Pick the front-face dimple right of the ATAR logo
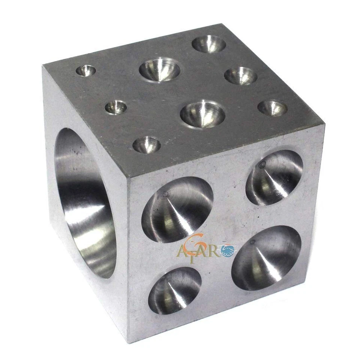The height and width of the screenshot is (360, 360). (267, 258)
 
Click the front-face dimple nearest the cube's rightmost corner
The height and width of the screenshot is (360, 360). (274, 177)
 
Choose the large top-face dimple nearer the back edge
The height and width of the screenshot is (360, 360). (159, 69)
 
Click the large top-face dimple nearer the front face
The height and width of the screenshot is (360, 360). (202, 114)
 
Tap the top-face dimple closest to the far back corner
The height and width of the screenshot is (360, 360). (209, 44)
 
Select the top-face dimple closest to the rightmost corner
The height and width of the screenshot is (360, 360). (273, 108)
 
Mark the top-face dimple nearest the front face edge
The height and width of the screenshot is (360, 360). (147, 145)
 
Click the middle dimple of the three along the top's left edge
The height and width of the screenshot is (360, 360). (115, 107)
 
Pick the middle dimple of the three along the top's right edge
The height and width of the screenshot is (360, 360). (241, 76)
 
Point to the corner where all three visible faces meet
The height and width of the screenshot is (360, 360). (128, 178)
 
